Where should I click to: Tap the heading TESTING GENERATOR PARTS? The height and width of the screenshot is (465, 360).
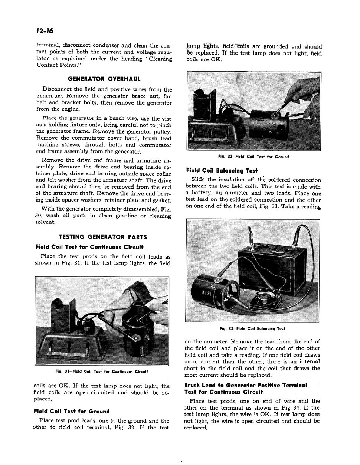[103, 237]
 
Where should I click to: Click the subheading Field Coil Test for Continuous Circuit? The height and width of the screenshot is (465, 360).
[89, 247]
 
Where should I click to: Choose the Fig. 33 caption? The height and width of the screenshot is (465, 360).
[252, 328]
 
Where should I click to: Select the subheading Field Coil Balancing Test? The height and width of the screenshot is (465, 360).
[222, 171]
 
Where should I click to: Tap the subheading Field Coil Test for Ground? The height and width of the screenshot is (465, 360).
[72, 411]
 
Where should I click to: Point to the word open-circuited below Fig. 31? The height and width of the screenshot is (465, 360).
[89, 392]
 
